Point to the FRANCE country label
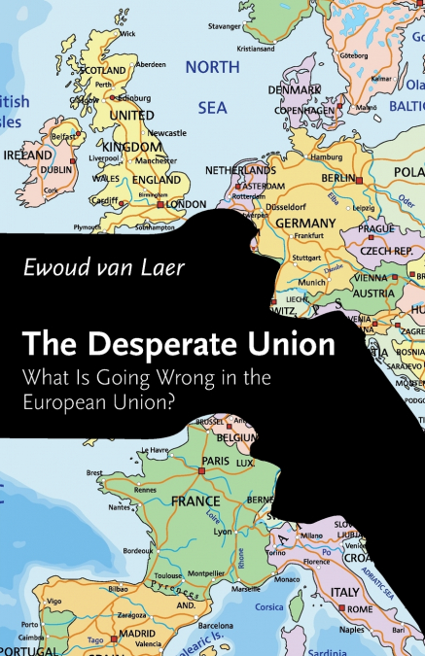coord(195,502)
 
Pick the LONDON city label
coord(187,205)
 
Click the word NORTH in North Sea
coord(212,67)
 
